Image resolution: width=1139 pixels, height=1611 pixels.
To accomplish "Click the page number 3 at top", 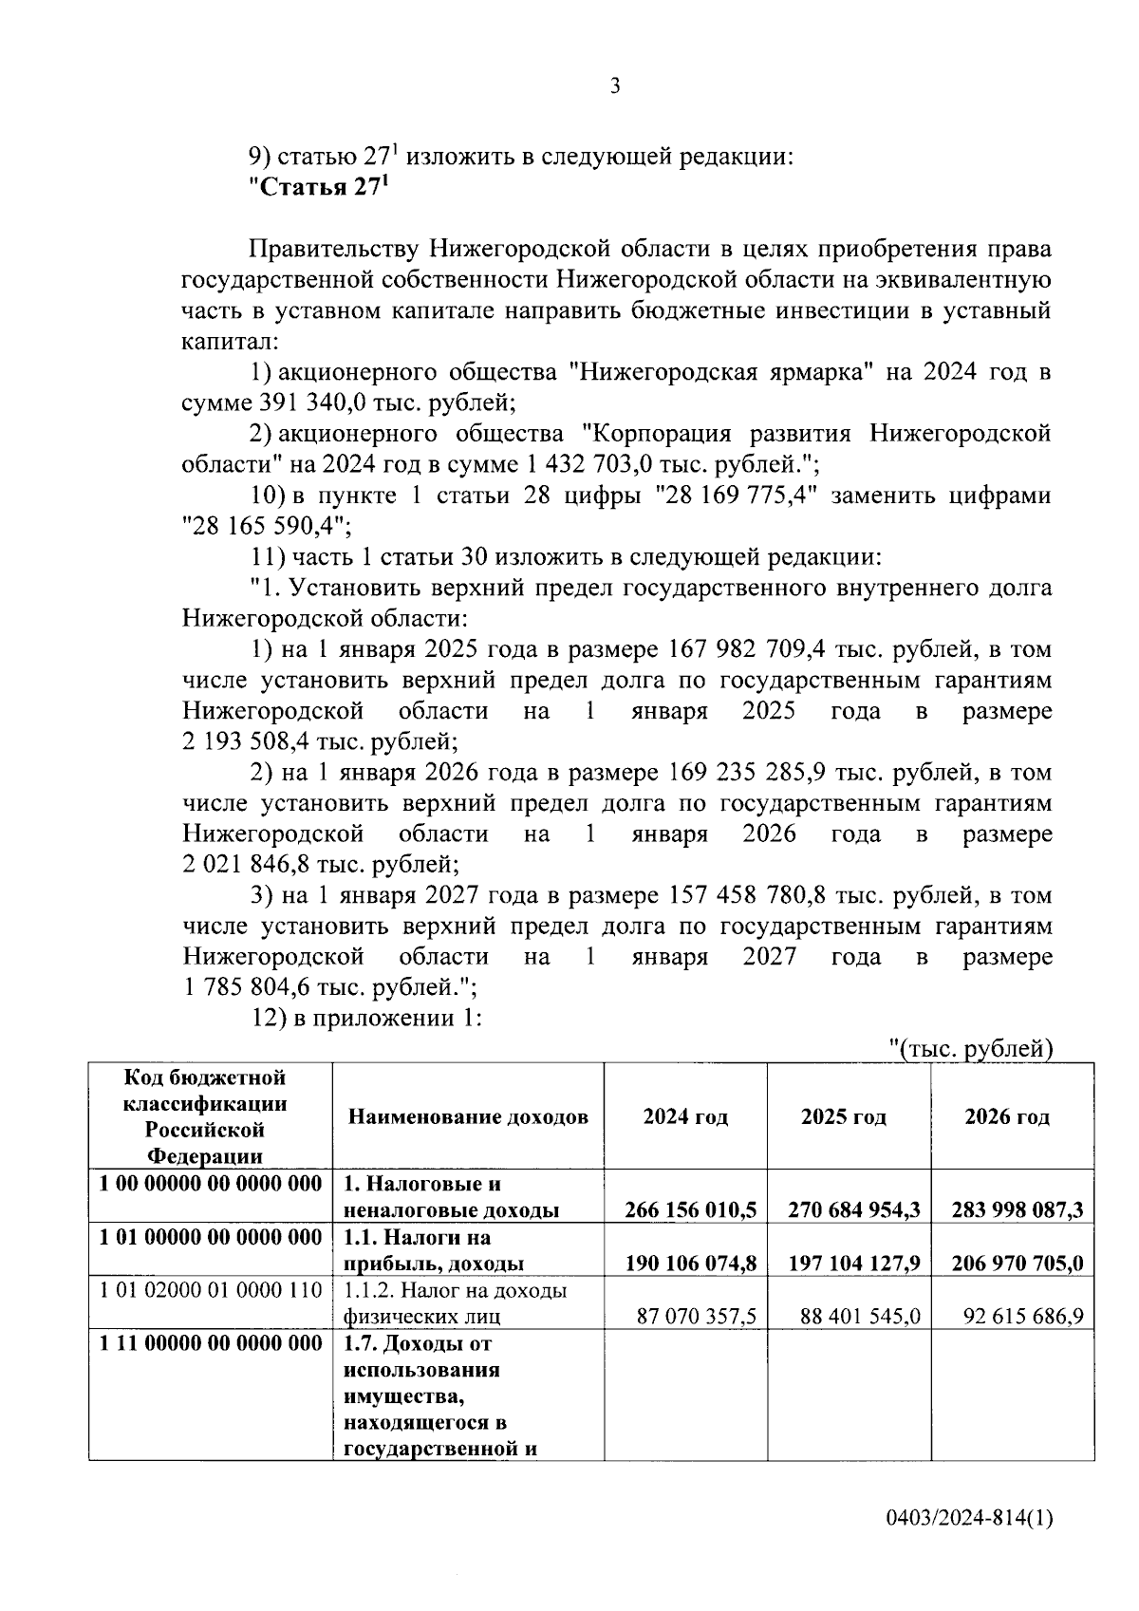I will (x=615, y=87).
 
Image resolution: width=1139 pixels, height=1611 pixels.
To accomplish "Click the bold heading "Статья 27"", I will (x=319, y=187).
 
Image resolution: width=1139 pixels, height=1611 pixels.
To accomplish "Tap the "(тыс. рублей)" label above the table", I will (x=972, y=1048).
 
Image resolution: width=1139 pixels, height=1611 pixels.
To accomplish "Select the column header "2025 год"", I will (x=843, y=1116).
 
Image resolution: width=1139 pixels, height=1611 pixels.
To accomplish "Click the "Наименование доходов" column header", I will (x=468, y=1116).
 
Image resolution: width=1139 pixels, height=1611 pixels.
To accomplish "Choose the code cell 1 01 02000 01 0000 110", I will (x=211, y=1290).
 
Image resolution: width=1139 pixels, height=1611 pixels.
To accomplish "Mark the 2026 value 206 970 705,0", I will (x=1017, y=1264).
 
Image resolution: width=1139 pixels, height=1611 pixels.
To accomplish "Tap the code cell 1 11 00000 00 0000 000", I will (x=211, y=1343).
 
